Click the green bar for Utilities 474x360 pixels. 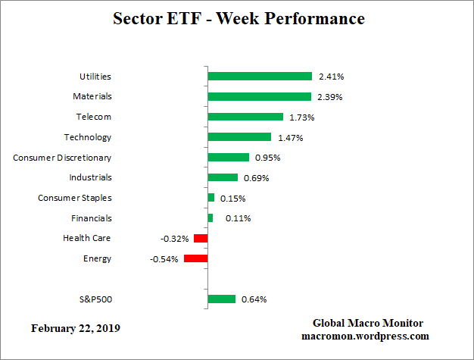pos(260,77)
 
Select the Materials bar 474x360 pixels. pos(259,96)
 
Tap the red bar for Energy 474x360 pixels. pos(195,258)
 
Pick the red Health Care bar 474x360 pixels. pos(201,238)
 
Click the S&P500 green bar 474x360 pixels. pos(221,299)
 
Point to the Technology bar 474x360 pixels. pos(239,137)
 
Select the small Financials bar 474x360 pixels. pos(210,218)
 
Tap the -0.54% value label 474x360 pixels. pos(164,258)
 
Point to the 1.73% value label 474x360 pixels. pos(301,117)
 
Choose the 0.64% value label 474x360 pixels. pos(254,299)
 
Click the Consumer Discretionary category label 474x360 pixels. pos(62,158)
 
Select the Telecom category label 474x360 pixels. pos(94,117)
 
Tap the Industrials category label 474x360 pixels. pos(90,177)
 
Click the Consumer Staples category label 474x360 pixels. pos(75,198)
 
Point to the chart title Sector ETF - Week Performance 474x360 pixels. pos(238,18)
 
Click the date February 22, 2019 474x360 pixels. pos(75,329)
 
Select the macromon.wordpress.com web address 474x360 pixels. pos(365,336)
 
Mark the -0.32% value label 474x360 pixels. pos(174,238)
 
